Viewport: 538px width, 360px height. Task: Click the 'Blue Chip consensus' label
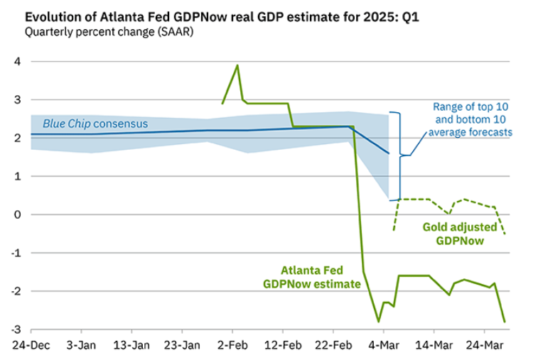click(x=95, y=124)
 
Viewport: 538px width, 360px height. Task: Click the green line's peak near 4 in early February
click(x=237, y=65)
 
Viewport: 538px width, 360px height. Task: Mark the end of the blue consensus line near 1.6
click(x=389, y=153)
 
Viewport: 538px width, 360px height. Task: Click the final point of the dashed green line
click(x=505, y=234)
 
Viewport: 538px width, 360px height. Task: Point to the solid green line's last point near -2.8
click(x=505, y=322)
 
